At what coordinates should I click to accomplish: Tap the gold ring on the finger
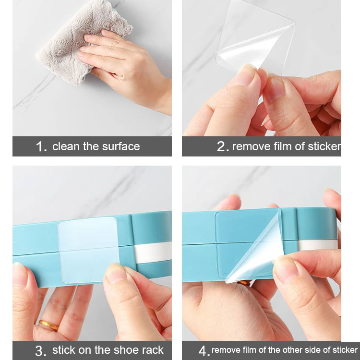48,325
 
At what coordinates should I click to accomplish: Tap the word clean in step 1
66,146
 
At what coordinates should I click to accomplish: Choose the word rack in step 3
153,350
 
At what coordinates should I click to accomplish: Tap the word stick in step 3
63,350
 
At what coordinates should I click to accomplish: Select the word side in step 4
312,350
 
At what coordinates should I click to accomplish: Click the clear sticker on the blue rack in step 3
88,250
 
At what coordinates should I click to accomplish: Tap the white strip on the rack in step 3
153,252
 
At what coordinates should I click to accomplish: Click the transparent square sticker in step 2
255,39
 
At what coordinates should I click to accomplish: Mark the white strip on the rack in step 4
317,245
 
